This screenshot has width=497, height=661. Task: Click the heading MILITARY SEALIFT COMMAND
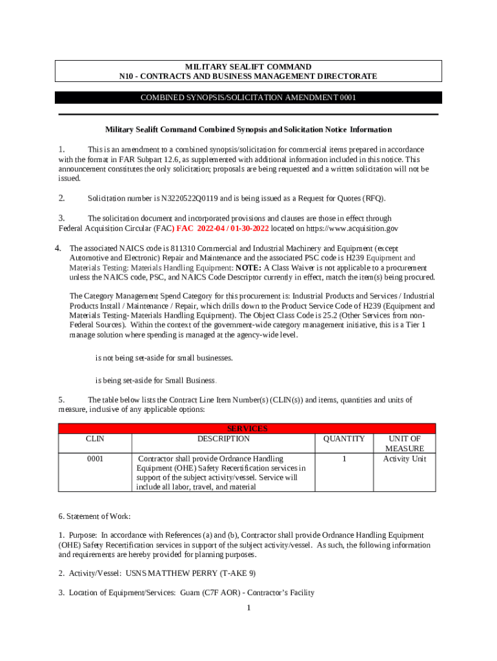tap(249, 67)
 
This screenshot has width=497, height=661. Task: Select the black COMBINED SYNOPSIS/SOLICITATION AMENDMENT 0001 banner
tap(249, 97)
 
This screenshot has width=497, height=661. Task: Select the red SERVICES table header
tap(247, 429)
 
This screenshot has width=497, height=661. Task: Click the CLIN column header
tap(95, 439)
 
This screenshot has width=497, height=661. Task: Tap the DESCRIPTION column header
tap(223, 439)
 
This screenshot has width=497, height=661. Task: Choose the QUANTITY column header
tap(343, 439)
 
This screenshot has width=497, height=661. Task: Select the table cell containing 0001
tap(95, 459)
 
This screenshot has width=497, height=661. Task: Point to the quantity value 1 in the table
tap(343, 459)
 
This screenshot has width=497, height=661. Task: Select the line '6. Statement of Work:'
tap(94, 516)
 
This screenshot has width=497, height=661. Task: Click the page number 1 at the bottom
tap(249, 607)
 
